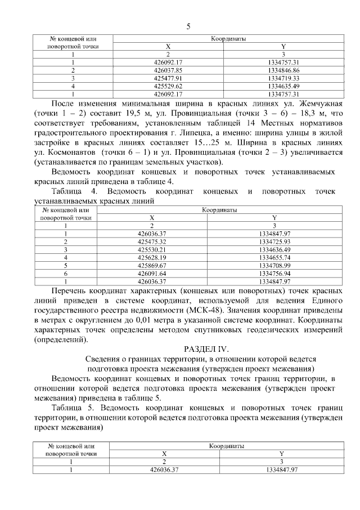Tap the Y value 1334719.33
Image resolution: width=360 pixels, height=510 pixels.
point(283,78)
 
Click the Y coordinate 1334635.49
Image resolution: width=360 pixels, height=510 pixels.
point(283,86)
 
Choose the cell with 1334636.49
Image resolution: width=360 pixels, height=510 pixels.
point(274,249)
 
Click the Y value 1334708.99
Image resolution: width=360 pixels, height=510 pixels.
point(274,265)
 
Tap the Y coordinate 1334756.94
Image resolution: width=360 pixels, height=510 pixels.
point(274,272)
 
